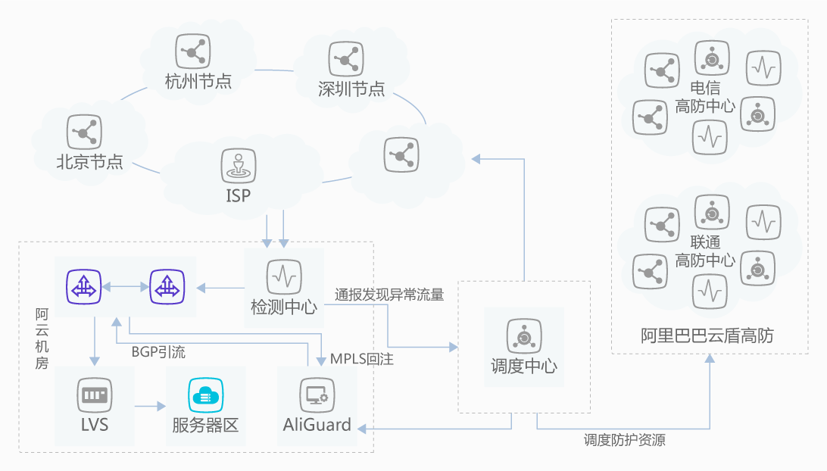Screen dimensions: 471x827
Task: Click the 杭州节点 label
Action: point(198,80)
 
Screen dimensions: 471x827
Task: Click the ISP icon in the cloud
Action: point(238,165)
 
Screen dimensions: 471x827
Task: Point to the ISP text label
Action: point(238,195)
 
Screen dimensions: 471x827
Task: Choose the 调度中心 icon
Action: point(523,335)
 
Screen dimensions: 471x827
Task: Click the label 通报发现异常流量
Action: point(389,295)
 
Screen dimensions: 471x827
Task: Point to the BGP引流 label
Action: point(158,352)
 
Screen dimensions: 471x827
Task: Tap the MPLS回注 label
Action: point(361,358)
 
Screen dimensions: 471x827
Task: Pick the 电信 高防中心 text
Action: point(705,97)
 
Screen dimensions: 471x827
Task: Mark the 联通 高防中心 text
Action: point(705,251)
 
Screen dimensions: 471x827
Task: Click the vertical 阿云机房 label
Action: point(42,338)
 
